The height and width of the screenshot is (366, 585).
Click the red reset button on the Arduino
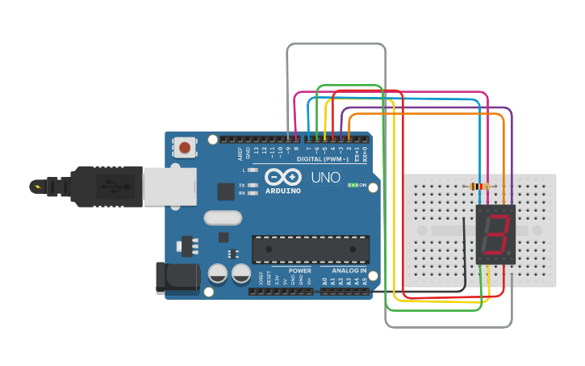(x=186, y=148)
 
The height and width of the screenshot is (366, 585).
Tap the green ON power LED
(x=352, y=185)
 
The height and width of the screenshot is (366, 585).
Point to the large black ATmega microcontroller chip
(x=311, y=249)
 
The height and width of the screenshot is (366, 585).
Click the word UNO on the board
(x=325, y=177)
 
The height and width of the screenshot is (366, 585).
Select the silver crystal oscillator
(x=223, y=217)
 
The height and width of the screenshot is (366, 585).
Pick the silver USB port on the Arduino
(x=170, y=185)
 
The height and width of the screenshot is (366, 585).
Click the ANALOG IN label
(x=349, y=271)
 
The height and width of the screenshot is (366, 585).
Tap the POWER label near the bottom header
(x=299, y=271)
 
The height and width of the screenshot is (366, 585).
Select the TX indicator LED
(x=253, y=185)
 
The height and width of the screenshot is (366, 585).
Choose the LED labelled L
(x=253, y=170)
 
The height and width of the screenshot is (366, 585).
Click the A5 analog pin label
(x=365, y=280)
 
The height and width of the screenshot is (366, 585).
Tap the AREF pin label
(x=240, y=152)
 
